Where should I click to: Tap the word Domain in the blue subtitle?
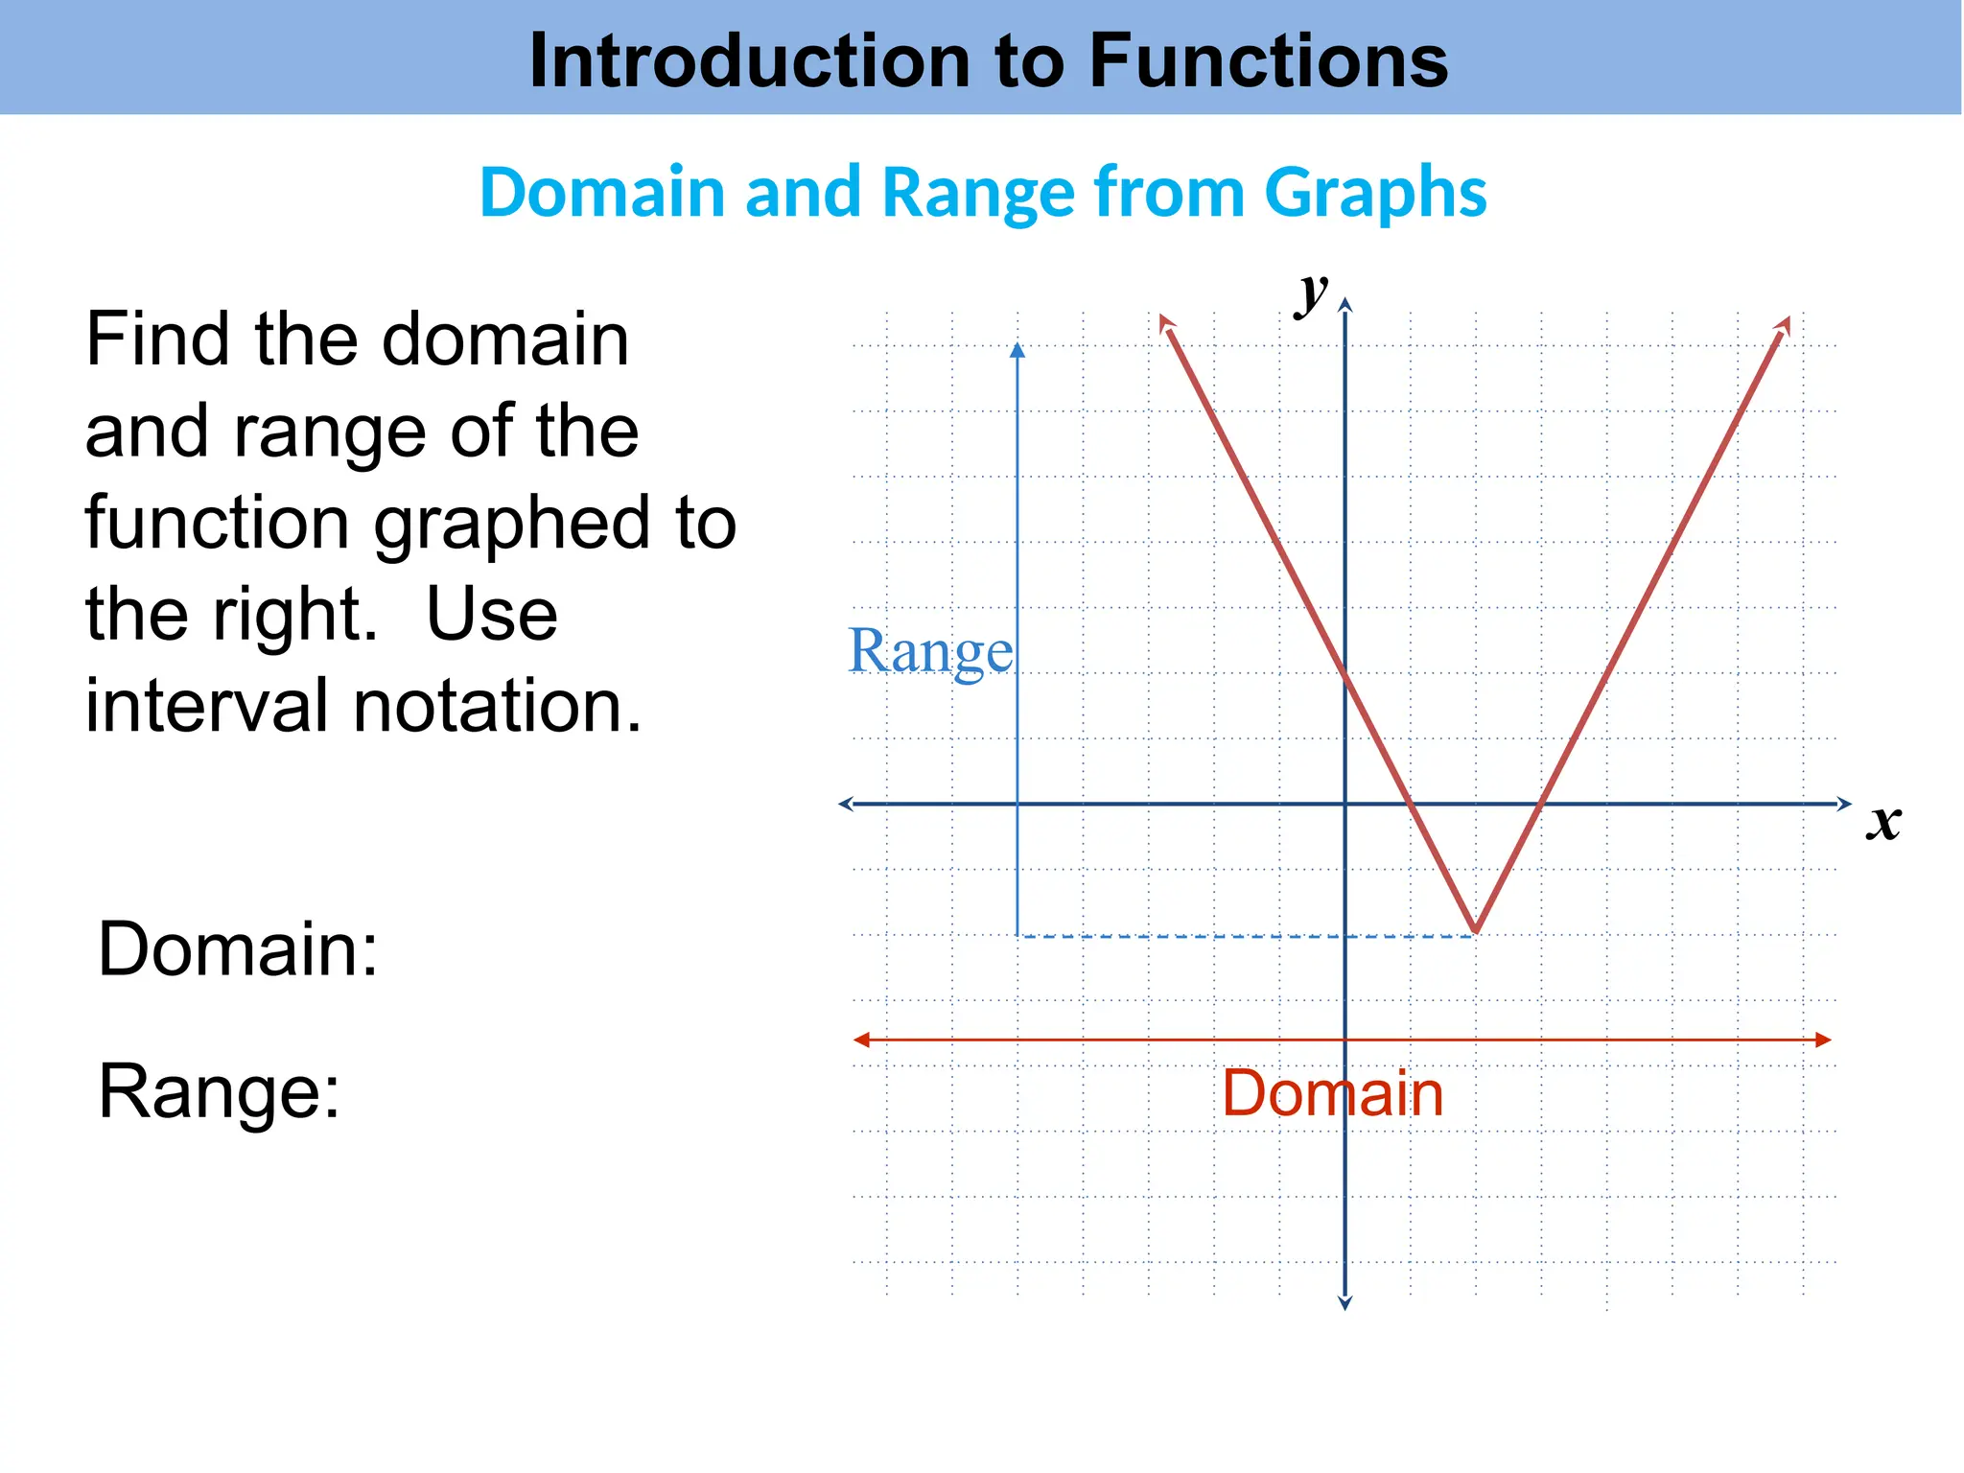pos(603,192)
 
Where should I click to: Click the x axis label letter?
pos(1883,822)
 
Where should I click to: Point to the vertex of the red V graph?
pos(1476,931)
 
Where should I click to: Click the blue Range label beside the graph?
pos(930,652)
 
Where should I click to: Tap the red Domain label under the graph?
pos(1332,1093)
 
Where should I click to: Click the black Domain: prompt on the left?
pos(238,948)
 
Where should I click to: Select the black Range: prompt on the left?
pos(219,1091)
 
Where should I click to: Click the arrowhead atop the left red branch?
pos(1166,323)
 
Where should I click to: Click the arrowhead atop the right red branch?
pos(1783,324)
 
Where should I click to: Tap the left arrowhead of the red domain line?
pos(862,1040)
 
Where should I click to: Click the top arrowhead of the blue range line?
pos(1017,350)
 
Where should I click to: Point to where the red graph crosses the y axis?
pos(1344,672)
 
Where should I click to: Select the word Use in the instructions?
pos(491,615)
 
